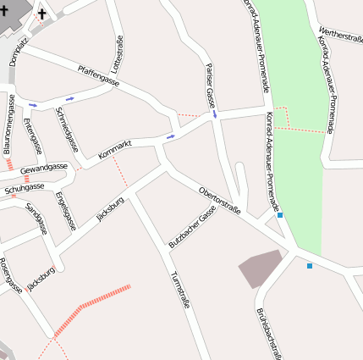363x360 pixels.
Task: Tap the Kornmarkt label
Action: pos(115,150)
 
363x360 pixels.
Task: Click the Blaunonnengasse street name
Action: pos(9,125)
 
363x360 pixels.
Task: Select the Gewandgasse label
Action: pos(44,168)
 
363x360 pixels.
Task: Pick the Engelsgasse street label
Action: pos(65,211)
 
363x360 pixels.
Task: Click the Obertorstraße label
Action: pos(220,200)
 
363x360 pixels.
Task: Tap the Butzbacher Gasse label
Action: pos(192,226)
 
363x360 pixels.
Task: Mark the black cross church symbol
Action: pos(42,14)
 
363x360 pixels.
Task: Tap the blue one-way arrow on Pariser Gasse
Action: pos(215,113)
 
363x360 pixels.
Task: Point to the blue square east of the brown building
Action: pos(310,266)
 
